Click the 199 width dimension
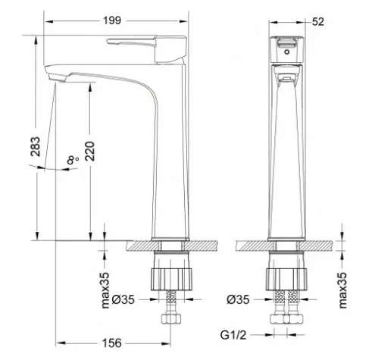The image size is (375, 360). pos(112,20)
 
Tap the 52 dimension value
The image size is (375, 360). pos(317,22)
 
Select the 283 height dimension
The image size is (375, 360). pos(36,146)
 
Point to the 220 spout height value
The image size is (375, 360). pos(90,151)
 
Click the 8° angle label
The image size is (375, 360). pos(73,160)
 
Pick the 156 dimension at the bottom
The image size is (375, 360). pos(111,343)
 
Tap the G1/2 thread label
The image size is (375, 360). pos(233,335)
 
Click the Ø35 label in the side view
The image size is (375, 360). pos(123,299)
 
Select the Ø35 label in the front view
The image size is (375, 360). pos(238,299)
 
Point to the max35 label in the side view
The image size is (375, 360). pos(105,290)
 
